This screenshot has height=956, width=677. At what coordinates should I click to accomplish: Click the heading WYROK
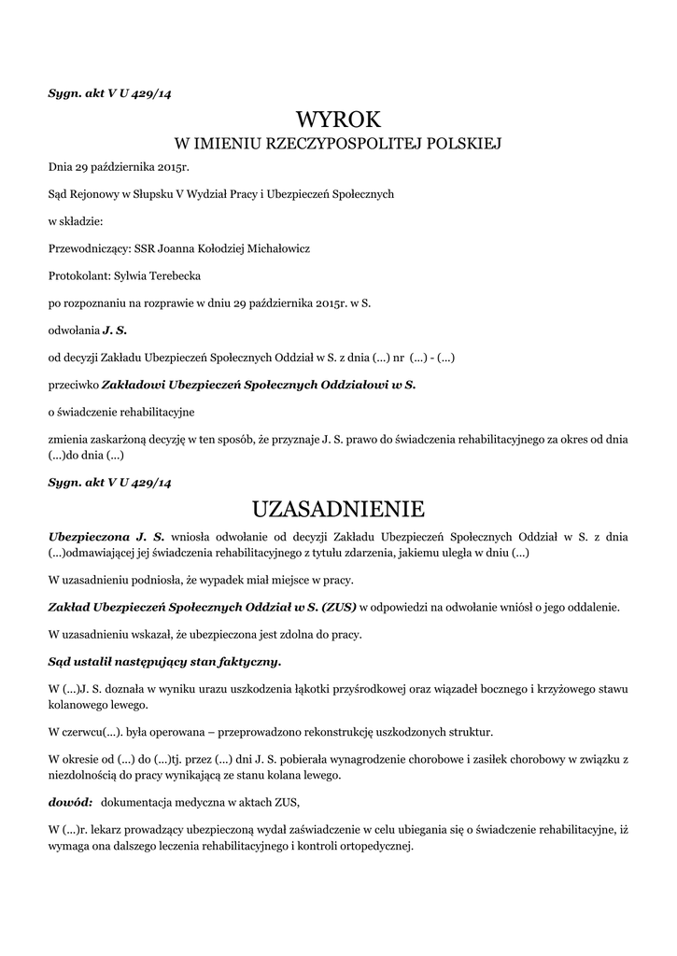(x=338, y=119)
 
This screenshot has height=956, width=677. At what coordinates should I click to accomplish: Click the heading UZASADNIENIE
(x=338, y=510)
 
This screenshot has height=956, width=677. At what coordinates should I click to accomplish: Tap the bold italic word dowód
(x=70, y=802)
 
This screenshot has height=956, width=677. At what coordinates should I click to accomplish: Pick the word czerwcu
(x=89, y=732)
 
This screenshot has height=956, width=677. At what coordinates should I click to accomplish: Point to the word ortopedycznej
(x=373, y=847)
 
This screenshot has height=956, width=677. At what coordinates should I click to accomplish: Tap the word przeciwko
(x=73, y=384)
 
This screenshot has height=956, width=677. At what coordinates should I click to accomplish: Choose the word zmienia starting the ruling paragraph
(x=68, y=438)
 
